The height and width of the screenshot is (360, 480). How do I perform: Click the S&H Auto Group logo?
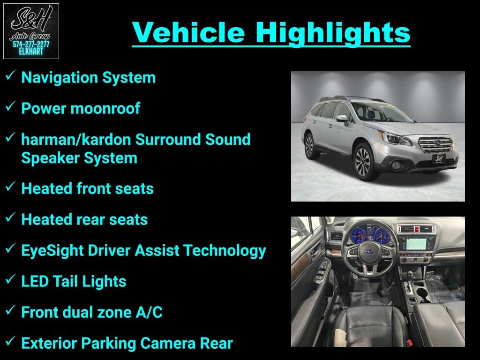(31, 31)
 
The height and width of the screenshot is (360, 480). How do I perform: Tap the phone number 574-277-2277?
(31, 45)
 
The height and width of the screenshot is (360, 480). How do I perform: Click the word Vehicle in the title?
(188, 32)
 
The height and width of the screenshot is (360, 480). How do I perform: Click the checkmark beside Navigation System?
(10, 75)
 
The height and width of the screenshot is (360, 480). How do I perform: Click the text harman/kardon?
(76, 139)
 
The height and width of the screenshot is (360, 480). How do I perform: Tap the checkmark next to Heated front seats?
(10, 186)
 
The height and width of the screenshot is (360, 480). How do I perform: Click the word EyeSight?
(52, 251)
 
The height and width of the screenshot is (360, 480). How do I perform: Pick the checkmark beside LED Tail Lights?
(10, 279)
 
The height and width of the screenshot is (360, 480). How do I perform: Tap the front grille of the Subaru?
(436, 145)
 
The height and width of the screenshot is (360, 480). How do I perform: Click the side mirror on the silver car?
(342, 119)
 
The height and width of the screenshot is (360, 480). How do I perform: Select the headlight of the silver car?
(394, 138)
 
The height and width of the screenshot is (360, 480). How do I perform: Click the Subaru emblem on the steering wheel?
(369, 252)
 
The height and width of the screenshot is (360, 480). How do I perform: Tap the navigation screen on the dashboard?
(416, 244)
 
